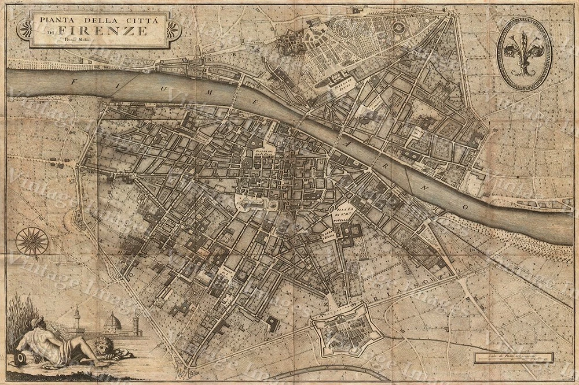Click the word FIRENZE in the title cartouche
118,31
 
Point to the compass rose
32,240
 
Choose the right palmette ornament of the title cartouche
173,30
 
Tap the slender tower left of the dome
76,318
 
